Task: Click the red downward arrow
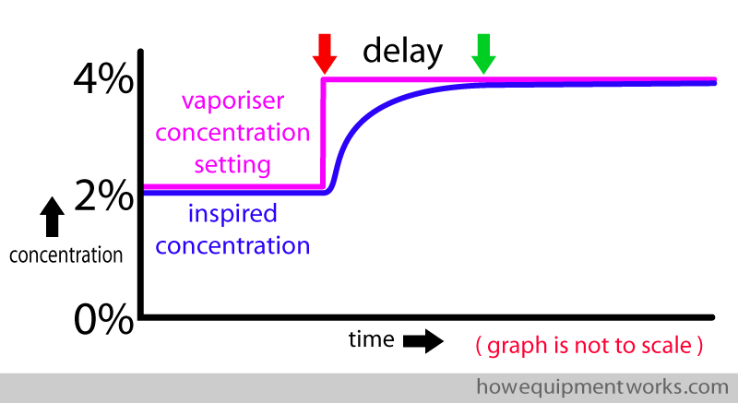click(325, 53)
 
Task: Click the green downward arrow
click(483, 53)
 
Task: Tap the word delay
click(402, 52)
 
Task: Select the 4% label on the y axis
click(103, 79)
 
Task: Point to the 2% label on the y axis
click(103, 195)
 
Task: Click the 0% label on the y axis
click(103, 318)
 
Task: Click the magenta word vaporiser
click(233, 101)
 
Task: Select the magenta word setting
click(232, 165)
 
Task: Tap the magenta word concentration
click(232, 133)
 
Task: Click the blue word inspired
click(232, 215)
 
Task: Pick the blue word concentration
click(232, 246)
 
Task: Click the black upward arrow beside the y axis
click(53, 217)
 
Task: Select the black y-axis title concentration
click(65, 255)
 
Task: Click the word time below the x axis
click(372, 339)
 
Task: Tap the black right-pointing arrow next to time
click(423, 341)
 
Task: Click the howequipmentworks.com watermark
click(602, 387)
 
